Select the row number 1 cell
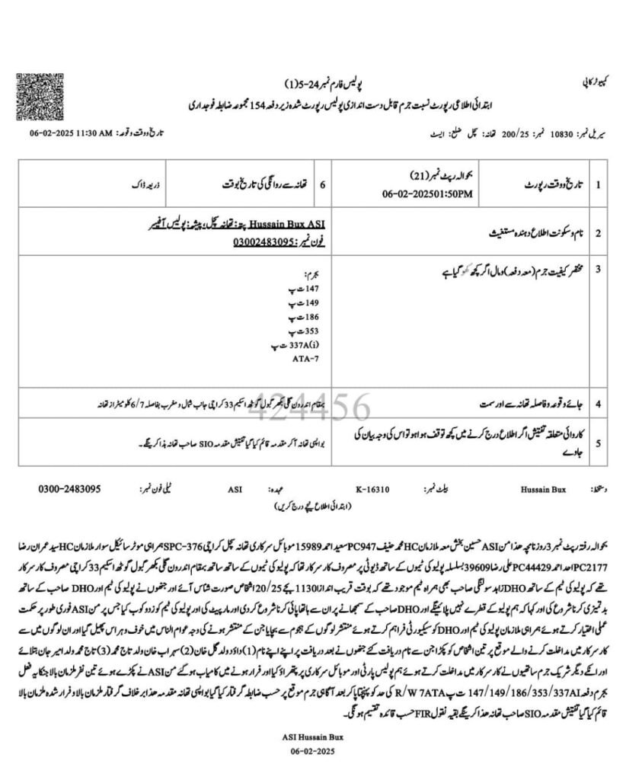(x=599, y=184)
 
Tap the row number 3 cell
(x=599, y=268)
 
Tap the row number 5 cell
(x=599, y=442)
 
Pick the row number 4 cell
(x=599, y=402)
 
